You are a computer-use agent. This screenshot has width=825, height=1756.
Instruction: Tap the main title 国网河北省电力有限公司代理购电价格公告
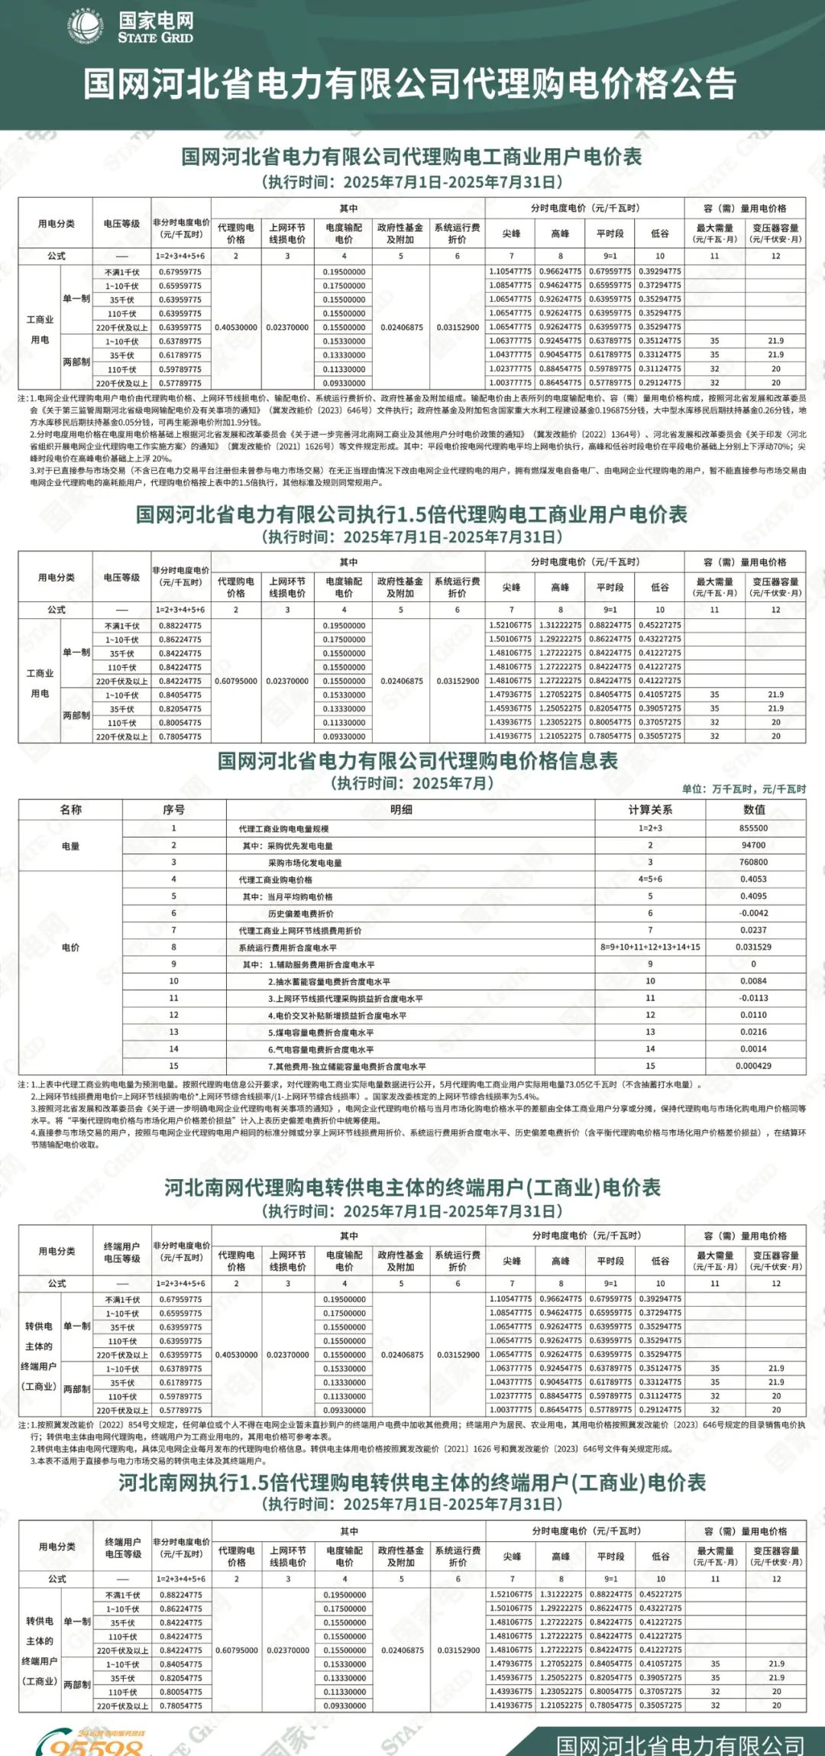click(410, 83)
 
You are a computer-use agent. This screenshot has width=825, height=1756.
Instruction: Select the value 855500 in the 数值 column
click(753, 828)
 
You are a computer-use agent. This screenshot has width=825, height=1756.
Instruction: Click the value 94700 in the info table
click(753, 845)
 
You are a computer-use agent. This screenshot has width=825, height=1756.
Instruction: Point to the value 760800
click(753, 862)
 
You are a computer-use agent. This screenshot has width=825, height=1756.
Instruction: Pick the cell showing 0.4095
click(753, 896)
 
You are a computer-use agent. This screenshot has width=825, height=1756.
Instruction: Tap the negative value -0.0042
click(753, 913)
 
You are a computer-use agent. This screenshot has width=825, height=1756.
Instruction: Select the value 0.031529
click(753, 947)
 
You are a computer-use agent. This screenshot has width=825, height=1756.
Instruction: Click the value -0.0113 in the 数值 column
click(753, 998)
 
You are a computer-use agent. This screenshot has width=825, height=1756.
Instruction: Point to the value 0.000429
click(753, 1066)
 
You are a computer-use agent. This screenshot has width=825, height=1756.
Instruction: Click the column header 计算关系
click(650, 810)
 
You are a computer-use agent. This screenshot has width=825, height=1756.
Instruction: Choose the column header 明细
click(401, 810)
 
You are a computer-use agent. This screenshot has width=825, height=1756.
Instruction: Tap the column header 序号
click(173, 810)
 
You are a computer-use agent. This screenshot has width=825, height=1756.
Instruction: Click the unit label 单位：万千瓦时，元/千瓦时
click(743, 789)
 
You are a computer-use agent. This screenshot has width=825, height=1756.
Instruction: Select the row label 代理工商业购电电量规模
click(283, 829)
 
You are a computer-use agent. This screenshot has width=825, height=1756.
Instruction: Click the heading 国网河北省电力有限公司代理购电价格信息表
click(417, 761)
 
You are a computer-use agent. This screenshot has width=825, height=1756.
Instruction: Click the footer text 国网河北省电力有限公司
click(679, 1743)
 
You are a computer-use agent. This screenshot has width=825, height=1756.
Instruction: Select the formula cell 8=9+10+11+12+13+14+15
click(650, 948)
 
